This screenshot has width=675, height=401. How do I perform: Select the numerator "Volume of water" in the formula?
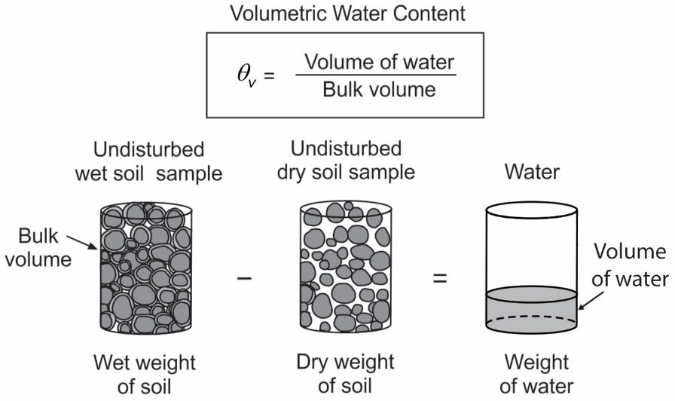[376, 63]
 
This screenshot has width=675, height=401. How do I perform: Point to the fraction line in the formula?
[376, 75]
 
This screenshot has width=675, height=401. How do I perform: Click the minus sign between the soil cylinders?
[243, 278]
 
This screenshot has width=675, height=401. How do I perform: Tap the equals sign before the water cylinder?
[439, 278]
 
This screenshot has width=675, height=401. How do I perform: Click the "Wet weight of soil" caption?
[145, 375]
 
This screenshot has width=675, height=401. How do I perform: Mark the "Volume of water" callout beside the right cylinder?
[630, 265]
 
